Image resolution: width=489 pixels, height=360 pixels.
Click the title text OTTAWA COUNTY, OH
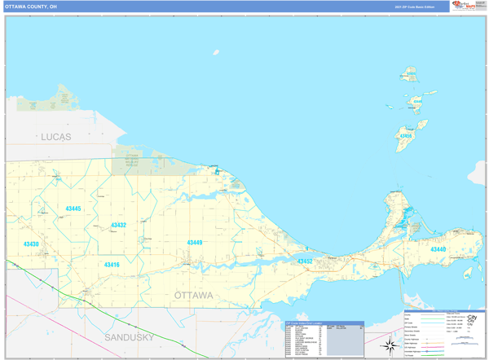coord(31,7)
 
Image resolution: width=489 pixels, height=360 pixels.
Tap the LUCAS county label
coord(56,138)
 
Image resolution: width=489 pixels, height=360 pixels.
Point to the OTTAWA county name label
coord(194,294)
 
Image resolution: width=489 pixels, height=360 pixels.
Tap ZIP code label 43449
coord(195,243)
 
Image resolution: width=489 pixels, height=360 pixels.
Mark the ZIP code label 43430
coord(31,244)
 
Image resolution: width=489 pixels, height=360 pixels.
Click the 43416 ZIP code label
coord(111,265)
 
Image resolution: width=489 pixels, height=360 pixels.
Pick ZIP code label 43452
coord(304,261)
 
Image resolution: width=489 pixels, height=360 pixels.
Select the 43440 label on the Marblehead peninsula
coord(438,249)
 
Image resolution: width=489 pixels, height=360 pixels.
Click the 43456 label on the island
coord(416,103)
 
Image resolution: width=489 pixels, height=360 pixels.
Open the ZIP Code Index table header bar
coord(324,323)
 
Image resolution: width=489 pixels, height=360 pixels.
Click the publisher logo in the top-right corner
coord(465,7)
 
